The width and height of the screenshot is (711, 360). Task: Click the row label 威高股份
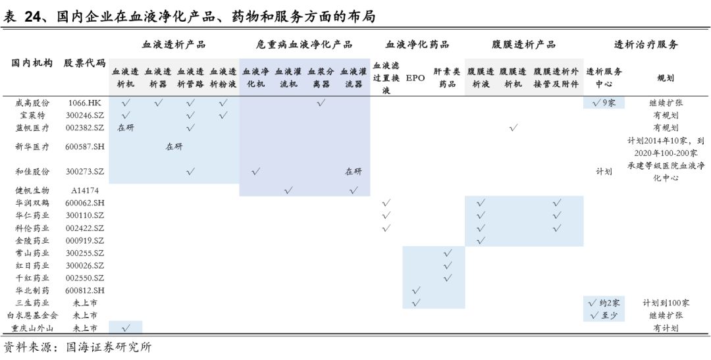pos(32,103)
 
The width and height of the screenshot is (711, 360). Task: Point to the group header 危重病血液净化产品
pos(304,45)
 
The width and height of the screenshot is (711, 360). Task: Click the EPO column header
pos(415,78)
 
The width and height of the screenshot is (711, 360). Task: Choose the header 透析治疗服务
pos(646,45)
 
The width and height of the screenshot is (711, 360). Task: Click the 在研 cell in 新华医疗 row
pos(174,147)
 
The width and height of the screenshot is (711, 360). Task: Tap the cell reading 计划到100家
pos(666,303)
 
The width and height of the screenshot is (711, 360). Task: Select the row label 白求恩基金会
pos(32,315)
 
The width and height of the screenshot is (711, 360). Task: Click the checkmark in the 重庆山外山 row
pos(126,328)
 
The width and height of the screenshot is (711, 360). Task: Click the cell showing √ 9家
pos(604,103)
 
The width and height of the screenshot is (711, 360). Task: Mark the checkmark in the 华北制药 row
pos(415,290)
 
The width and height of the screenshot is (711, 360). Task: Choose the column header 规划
pos(666,78)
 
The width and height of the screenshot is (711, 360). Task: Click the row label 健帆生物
pos(32,190)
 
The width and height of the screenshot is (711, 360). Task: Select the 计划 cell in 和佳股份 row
pos(604,171)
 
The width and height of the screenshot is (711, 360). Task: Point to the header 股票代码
pos(84,63)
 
